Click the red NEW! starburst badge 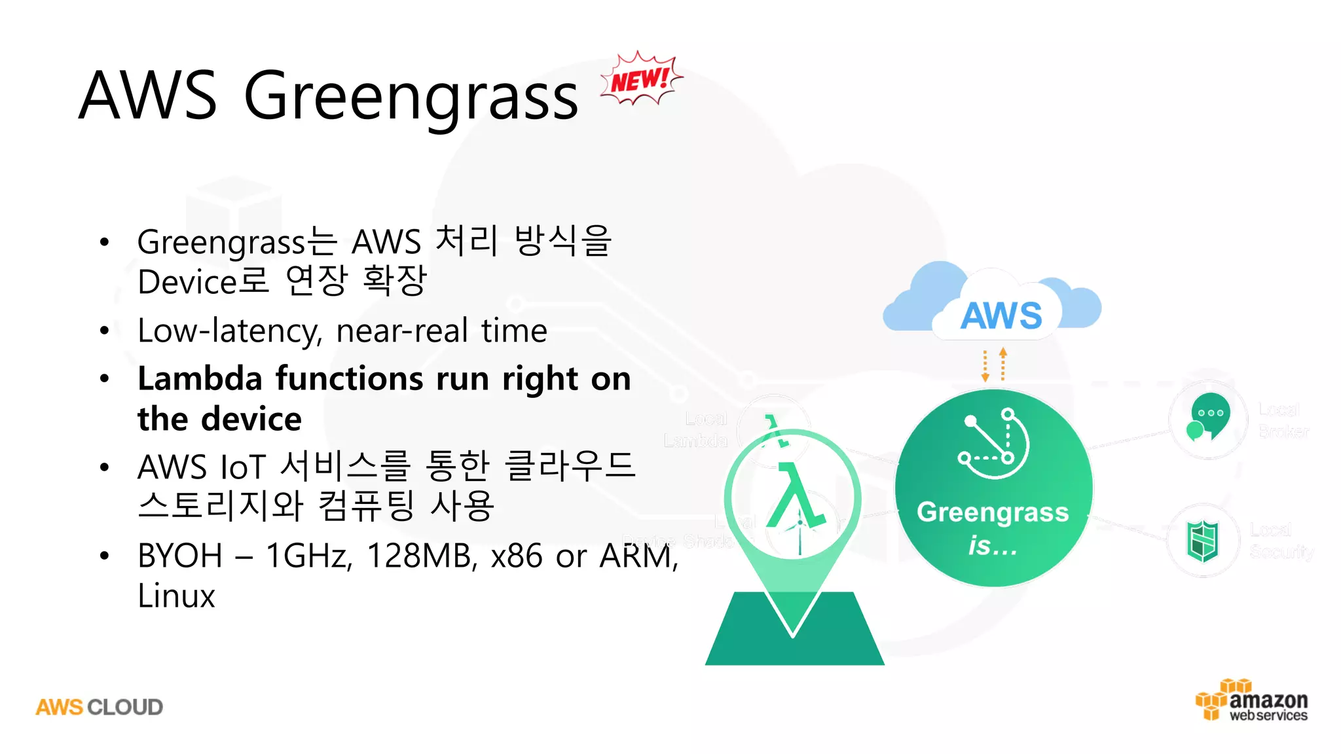tap(640, 80)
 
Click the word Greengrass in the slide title tap(411, 97)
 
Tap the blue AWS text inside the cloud tap(1001, 315)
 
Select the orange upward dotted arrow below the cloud tap(1003, 364)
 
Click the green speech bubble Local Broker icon tap(1209, 417)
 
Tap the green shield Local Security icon tap(1203, 541)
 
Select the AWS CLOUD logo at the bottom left tap(100, 707)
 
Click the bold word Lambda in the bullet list tap(200, 379)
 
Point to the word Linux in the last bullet tap(176, 596)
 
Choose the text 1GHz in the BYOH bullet tap(308, 556)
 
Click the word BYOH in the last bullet tap(180, 556)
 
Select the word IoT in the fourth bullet tap(243, 467)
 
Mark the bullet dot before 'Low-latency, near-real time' tap(104, 331)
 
